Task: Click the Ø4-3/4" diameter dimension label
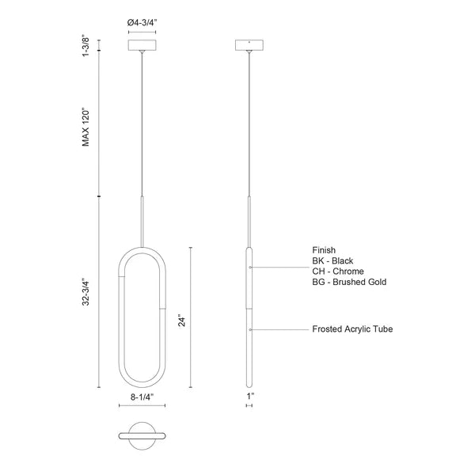[142, 23]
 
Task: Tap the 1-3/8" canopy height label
[85, 47]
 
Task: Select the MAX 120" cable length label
[85, 127]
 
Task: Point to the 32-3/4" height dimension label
[85, 293]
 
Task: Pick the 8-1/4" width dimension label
[142, 397]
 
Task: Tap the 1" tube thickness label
[250, 396]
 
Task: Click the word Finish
[324, 250]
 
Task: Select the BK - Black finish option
[332, 260]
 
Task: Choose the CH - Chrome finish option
[338, 271]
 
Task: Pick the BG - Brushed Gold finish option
[349, 282]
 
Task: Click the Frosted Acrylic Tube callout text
[352, 329]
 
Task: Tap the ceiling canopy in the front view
[142, 45]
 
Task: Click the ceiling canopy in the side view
[249, 45]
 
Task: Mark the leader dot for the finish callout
[250, 268]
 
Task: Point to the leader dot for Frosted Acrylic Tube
[250, 329]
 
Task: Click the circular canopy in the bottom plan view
[142, 436]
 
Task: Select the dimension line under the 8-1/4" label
[142, 405]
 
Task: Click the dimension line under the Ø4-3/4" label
[142, 32]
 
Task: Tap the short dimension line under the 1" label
[249, 405]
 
